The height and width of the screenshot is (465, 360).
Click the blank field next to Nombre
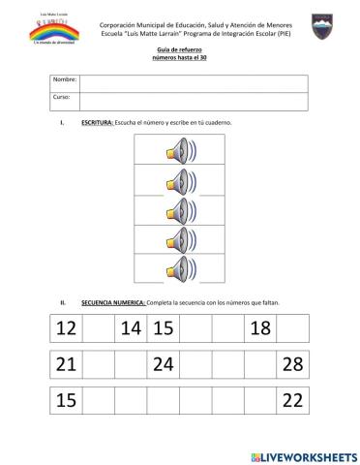193,82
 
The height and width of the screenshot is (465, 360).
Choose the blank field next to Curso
193,101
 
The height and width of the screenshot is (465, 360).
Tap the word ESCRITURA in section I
97,124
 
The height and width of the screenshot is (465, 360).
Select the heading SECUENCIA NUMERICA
112,303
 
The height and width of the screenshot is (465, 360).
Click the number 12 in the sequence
66,329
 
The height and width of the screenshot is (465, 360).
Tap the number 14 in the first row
131,329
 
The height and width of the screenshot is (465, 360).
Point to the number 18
259,329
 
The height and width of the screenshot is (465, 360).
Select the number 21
66,365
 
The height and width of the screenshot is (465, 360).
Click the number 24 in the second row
163,365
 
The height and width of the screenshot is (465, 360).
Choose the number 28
293,365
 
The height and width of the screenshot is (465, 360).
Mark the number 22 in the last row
293,400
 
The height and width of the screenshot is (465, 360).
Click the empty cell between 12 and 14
98,329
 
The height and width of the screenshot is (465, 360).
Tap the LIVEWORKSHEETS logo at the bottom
303,454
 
